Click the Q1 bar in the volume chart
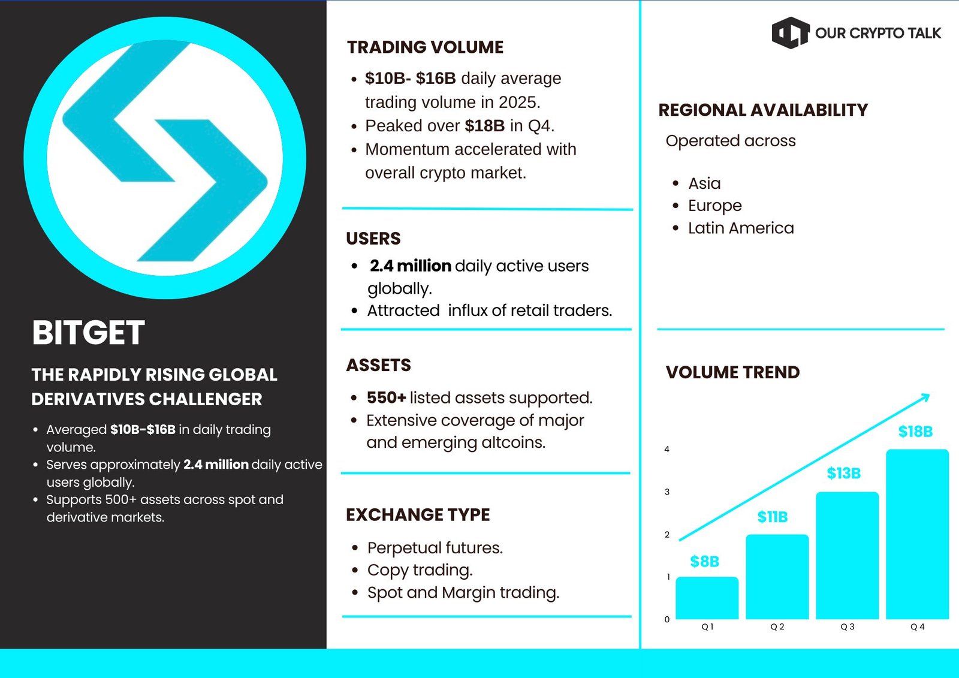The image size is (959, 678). click(707, 598)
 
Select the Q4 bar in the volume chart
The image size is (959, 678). click(917, 534)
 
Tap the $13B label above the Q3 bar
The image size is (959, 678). click(843, 473)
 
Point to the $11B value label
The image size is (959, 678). click(773, 517)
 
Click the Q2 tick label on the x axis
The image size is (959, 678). click(777, 627)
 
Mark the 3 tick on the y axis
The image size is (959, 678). click(667, 492)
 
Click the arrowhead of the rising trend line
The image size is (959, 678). click(925, 397)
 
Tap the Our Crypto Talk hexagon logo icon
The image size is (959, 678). click(791, 32)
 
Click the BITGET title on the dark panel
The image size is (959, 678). click(88, 332)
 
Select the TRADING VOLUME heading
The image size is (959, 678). click(425, 47)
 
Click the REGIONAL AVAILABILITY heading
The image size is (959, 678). click(763, 110)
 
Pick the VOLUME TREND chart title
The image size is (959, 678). click(732, 372)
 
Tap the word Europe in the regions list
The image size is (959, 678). click(714, 206)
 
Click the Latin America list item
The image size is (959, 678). click(741, 228)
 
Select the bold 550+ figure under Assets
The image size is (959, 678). click(386, 398)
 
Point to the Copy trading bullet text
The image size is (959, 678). click(420, 571)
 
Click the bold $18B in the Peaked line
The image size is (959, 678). click(485, 126)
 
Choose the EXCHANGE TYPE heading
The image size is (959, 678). click(418, 515)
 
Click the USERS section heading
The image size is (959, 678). click(373, 239)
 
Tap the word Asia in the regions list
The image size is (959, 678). click(704, 184)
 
